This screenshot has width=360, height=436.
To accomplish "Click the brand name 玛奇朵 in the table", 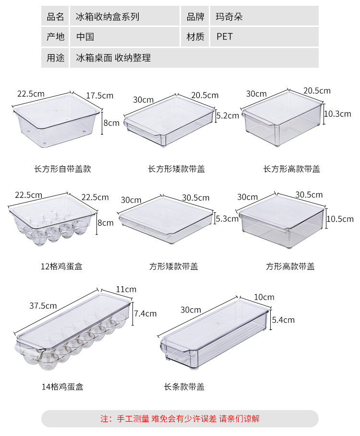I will pyautogui.click(x=229, y=17).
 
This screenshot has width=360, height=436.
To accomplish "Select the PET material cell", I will pyautogui.click(x=224, y=36).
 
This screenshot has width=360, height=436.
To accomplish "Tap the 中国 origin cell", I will pyautogui.click(x=85, y=36).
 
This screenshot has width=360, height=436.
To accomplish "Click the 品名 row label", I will pyautogui.click(x=55, y=17).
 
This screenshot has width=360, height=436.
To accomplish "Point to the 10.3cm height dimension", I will pyautogui.click(x=337, y=114).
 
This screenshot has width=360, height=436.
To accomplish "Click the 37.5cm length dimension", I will pyautogui.click(x=43, y=305).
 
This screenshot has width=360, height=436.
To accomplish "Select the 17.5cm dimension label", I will pyautogui.click(x=100, y=95).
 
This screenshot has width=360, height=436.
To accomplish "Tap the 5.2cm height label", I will pyautogui.click(x=228, y=116).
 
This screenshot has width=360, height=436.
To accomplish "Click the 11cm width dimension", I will pyautogui.click(x=126, y=289).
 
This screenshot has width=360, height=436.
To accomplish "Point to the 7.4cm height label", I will pyautogui.click(x=145, y=314).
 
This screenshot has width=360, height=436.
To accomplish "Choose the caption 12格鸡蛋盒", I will pyautogui.click(x=61, y=266).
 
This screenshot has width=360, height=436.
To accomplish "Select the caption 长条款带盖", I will pyautogui.click(x=184, y=386).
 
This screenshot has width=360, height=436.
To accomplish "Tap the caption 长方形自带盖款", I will pyautogui.click(x=62, y=169).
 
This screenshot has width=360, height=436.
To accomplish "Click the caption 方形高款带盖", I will pyautogui.click(x=290, y=266).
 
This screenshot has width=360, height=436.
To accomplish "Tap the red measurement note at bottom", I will pyautogui.click(x=180, y=419).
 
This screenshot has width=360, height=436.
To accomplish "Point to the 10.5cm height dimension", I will pyautogui.click(x=340, y=219).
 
